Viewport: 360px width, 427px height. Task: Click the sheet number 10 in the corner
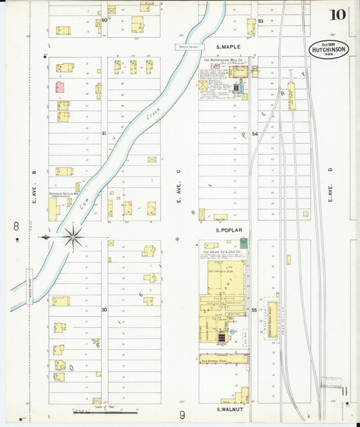click(338, 15)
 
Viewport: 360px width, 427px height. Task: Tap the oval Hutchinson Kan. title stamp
click(329, 49)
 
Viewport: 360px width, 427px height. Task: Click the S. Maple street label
click(228, 47)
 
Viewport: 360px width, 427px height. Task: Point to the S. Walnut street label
click(229, 409)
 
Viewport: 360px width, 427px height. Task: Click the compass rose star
click(72, 237)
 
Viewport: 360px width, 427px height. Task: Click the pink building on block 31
click(60, 86)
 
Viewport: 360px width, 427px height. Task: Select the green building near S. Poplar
click(243, 243)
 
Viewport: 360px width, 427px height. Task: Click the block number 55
click(254, 310)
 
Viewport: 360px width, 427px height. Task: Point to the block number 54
click(255, 134)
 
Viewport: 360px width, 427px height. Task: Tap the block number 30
click(104, 309)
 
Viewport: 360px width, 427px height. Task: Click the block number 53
click(260, 21)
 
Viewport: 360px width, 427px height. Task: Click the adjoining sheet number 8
click(16, 225)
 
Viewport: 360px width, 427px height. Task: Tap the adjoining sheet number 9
click(182, 414)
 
